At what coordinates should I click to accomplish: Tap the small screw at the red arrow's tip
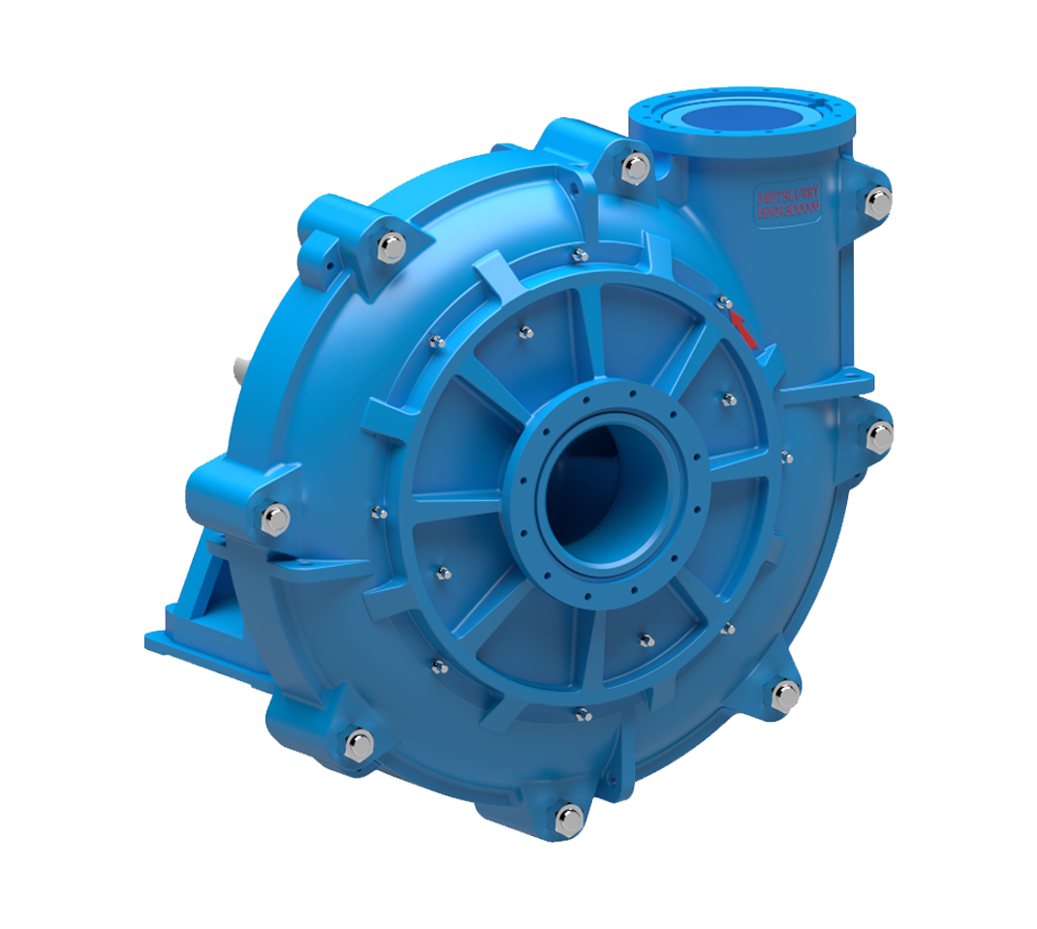pyautogui.click(x=724, y=303)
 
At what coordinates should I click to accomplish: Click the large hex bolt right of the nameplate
pyautogui.click(x=878, y=201)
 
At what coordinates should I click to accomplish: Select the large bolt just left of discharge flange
pyautogui.click(x=635, y=167)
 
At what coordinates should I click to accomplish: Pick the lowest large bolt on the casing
pyautogui.click(x=569, y=820)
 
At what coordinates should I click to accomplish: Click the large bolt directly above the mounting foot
pyautogui.click(x=274, y=519)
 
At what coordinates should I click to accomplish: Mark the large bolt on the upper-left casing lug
pyautogui.click(x=391, y=247)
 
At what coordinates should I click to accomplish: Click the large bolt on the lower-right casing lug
pyautogui.click(x=784, y=695)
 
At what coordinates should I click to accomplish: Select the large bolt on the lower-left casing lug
pyautogui.click(x=360, y=744)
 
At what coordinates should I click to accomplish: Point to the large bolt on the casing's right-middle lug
pyautogui.click(x=878, y=436)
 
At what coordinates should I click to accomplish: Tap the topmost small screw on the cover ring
pyautogui.click(x=580, y=256)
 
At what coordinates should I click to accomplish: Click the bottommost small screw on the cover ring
pyautogui.click(x=582, y=715)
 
